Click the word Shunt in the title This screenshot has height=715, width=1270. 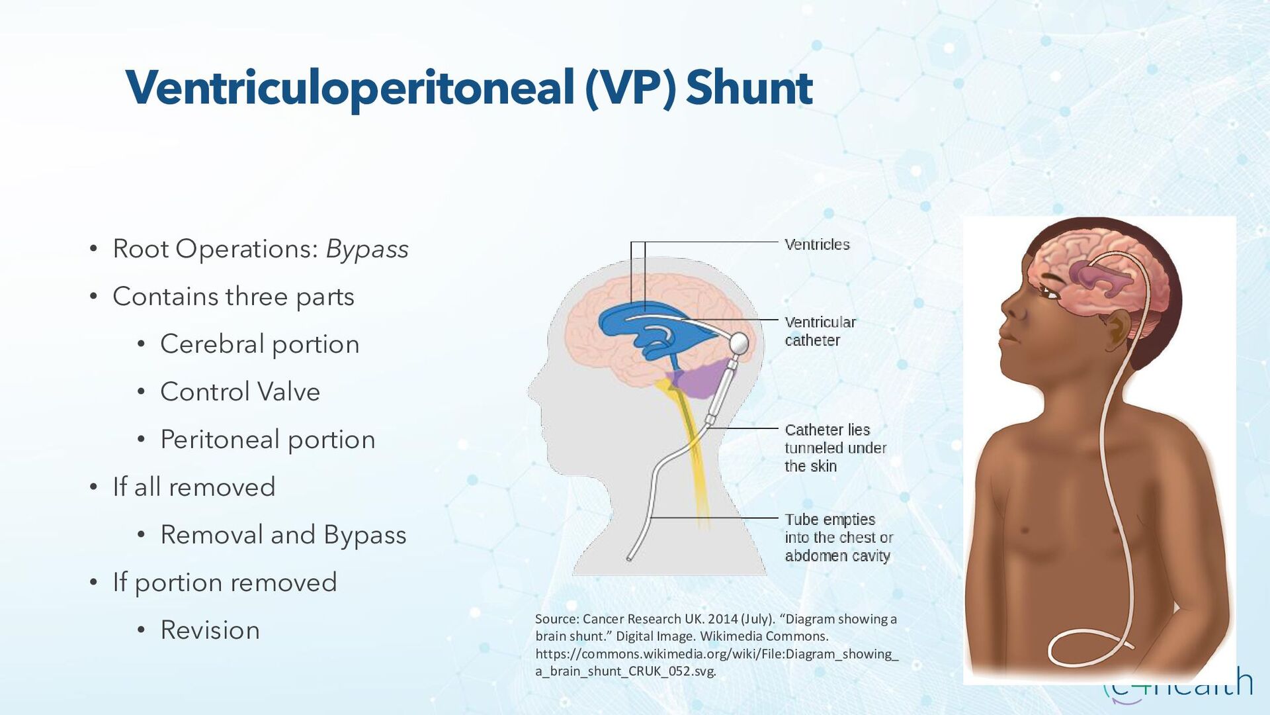point(749,88)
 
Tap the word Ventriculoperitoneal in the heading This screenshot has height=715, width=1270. point(349,88)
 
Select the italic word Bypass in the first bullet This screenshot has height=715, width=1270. point(367,249)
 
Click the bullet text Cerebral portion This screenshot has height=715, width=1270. point(259,344)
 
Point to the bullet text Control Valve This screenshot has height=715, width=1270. point(240,392)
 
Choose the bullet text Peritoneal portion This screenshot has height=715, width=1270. point(267,440)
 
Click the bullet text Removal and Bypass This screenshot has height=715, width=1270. point(283,535)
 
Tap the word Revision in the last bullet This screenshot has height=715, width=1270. point(210,630)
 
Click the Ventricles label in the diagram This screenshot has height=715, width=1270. point(817,244)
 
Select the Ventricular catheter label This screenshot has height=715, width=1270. point(820,331)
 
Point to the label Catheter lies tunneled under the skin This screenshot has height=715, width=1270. point(835,448)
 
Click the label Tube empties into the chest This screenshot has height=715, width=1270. point(838,537)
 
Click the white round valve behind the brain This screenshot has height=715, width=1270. point(738,344)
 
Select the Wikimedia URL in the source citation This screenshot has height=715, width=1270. point(716,662)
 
